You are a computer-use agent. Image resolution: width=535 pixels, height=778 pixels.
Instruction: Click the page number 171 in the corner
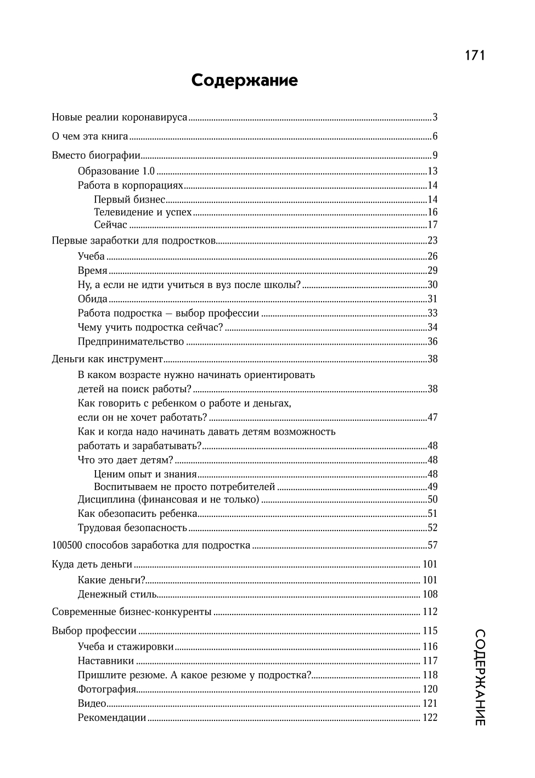point(475,55)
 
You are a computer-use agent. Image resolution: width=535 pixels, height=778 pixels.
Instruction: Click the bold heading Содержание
point(245,81)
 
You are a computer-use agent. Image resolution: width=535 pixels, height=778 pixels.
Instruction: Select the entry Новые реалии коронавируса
point(120,117)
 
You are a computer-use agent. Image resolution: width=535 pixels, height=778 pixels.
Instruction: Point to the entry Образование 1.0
point(116,171)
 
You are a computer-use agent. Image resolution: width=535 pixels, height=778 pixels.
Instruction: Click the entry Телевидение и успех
point(143,212)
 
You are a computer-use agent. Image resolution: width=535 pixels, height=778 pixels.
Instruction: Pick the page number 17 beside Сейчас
point(432,225)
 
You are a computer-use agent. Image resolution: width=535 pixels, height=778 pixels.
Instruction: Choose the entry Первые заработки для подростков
point(134,241)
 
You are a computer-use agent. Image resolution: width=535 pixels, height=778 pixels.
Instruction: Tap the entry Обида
point(93,299)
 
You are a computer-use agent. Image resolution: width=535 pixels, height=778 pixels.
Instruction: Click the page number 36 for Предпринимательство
point(432,342)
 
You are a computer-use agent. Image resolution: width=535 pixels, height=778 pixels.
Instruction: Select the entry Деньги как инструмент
point(108,359)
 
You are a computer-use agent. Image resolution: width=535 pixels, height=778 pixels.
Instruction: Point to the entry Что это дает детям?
point(126,460)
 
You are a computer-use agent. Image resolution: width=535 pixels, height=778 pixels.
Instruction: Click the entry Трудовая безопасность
point(133,528)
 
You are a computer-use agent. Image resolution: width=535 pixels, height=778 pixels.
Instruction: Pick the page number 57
point(432,546)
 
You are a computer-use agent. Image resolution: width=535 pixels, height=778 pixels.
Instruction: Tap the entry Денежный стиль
point(117,594)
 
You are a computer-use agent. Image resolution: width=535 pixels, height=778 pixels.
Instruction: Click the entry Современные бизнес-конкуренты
point(132,612)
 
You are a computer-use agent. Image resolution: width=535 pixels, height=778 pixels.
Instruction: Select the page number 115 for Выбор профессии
point(430,632)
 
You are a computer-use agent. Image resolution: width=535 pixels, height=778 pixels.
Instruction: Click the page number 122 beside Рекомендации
point(430,718)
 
